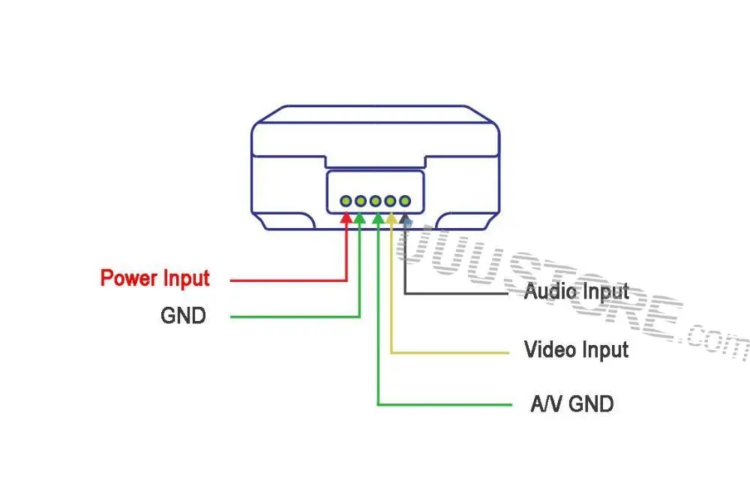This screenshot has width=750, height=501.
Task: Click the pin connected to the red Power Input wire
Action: point(346,201)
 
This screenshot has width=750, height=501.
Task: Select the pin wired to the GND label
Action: point(361,201)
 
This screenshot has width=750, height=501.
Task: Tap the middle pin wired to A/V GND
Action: point(376,201)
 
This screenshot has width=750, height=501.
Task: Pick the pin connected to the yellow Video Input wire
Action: point(391,201)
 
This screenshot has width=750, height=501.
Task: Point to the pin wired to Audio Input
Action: point(406,201)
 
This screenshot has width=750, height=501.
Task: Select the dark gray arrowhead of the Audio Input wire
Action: point(406,218)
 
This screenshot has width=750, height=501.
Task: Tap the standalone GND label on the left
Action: point(183,316)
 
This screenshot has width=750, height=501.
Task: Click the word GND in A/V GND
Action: point(591,404)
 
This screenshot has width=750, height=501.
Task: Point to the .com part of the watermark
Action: point(712,341)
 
